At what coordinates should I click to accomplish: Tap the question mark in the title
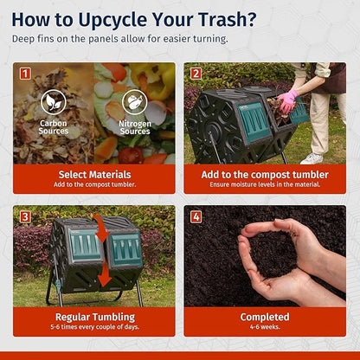250,19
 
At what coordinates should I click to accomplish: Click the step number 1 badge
25,74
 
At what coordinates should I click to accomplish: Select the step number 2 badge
196,74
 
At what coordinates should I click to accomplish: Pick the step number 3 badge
25,216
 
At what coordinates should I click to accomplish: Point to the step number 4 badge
196,216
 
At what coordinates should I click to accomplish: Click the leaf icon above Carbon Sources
54,102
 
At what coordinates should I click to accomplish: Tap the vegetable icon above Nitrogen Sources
135,102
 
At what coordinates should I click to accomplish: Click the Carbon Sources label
54,127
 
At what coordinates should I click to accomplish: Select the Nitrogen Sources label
135,127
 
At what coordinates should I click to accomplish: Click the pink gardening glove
286,101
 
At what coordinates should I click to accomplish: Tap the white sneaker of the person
312,158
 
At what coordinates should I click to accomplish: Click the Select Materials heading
94,175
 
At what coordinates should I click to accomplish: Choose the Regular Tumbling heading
95,317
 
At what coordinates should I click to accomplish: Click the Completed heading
265,317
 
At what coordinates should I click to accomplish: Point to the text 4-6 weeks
265,327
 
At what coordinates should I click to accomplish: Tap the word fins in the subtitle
46,39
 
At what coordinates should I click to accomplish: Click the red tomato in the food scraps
131,155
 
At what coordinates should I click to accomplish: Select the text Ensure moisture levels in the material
265,184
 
